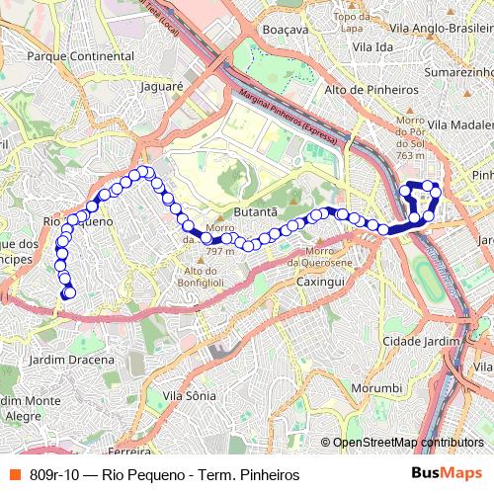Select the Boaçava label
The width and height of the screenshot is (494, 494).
point(286,30)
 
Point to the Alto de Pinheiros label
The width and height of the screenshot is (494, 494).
point(370,89)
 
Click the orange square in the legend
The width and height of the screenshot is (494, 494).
point(14,474)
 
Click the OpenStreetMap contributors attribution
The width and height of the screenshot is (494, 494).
point(408,443)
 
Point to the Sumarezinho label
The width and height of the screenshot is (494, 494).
point(456,73)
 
